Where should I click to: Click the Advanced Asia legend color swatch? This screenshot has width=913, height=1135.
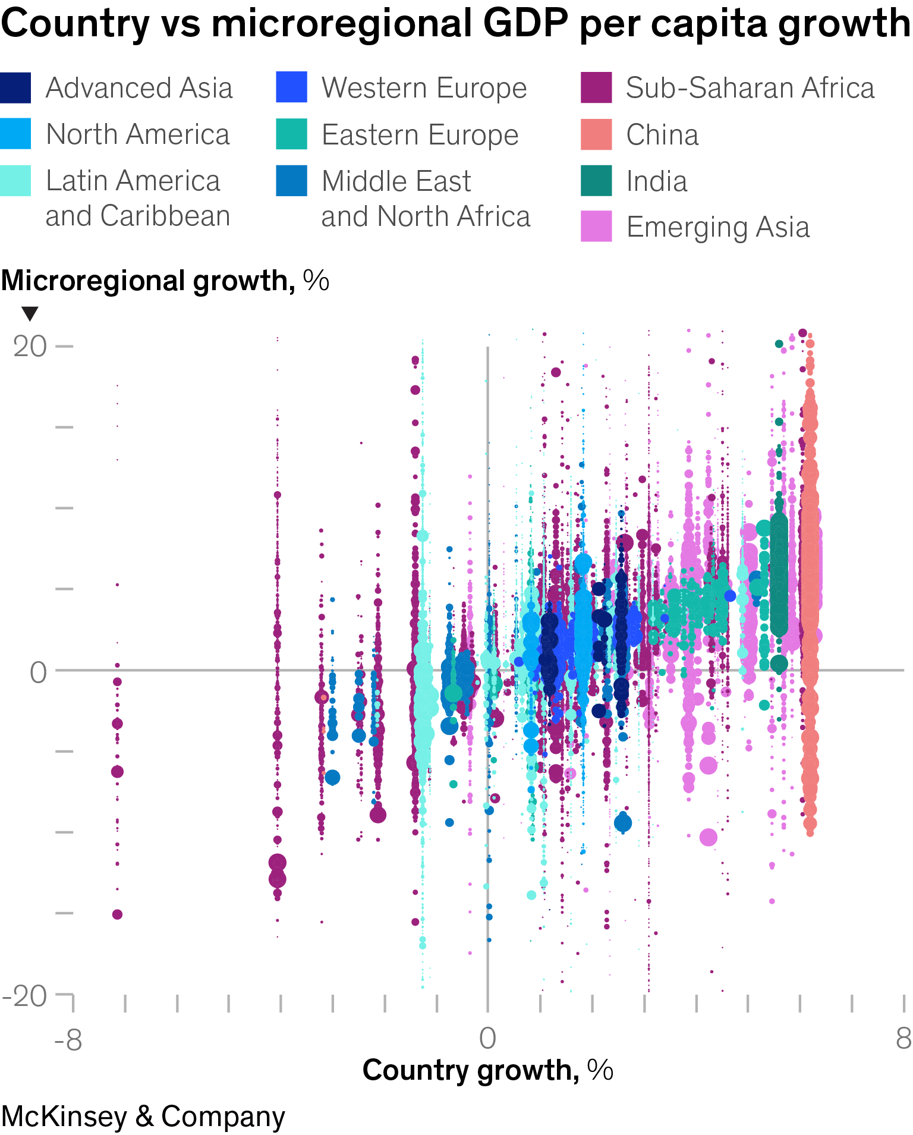15,88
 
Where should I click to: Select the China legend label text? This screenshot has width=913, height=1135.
662,135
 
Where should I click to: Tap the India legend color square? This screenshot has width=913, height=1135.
596,181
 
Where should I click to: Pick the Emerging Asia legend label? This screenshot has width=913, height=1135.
718,227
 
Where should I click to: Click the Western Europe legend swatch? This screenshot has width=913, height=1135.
292,88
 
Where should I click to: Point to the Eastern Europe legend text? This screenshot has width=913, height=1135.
420,135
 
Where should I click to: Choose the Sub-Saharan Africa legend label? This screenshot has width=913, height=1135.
750,88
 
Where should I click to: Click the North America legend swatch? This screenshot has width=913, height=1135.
15,134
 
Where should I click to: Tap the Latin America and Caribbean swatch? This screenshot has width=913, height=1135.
15,181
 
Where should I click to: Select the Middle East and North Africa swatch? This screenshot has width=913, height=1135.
292,181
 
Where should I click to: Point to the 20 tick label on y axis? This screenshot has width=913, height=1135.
30,346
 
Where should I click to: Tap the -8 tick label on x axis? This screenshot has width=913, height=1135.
68,1040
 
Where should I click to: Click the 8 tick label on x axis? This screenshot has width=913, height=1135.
903,1039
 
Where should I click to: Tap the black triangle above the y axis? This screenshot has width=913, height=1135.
30,313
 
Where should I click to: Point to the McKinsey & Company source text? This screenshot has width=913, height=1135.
143,1116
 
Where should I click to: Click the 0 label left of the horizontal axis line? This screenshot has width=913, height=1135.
38,672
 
